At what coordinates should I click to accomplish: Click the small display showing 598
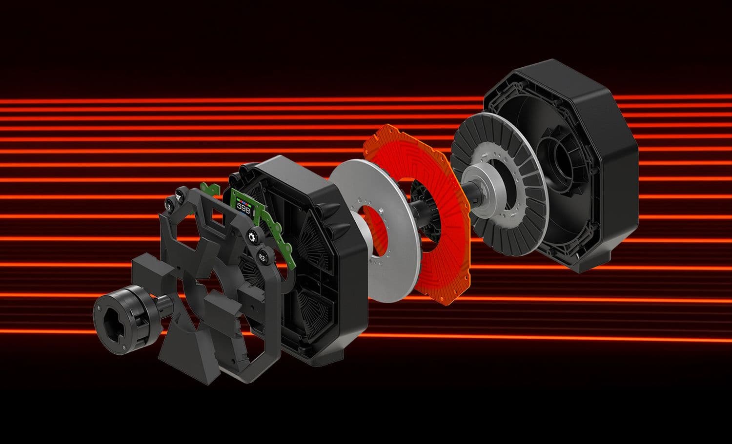[243, 208]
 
